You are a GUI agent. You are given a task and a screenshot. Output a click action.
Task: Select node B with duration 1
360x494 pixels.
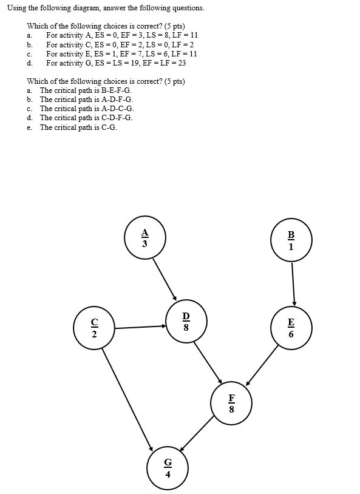tap(291, 241)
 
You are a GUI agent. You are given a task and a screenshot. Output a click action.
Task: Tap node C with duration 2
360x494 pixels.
tap(94, 328)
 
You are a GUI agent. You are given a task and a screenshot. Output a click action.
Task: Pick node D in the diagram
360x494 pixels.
tap(186, 322)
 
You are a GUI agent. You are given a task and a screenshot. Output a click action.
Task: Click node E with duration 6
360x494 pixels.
tap(291, 328)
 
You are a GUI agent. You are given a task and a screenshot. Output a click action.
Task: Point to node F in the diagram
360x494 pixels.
tap(231, 404)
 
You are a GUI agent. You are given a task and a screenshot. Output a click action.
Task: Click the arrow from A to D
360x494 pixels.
tap(164, 279)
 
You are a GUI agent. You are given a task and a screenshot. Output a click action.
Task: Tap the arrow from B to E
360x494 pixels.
tap(293, 283)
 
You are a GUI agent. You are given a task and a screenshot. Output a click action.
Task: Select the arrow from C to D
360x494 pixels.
tap(140, 328)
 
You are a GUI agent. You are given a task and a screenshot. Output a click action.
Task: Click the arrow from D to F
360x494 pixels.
tap(208, 362)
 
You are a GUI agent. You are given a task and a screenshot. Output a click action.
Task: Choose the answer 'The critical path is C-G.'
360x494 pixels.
tap(78, 127)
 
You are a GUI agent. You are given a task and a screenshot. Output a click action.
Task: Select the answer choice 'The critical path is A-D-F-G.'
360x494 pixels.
tap(86, 99)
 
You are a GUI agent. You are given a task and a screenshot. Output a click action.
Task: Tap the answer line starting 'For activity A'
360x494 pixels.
tap(121, 35)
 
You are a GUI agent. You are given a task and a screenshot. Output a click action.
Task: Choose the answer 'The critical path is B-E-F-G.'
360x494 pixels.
tap(86, 90)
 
